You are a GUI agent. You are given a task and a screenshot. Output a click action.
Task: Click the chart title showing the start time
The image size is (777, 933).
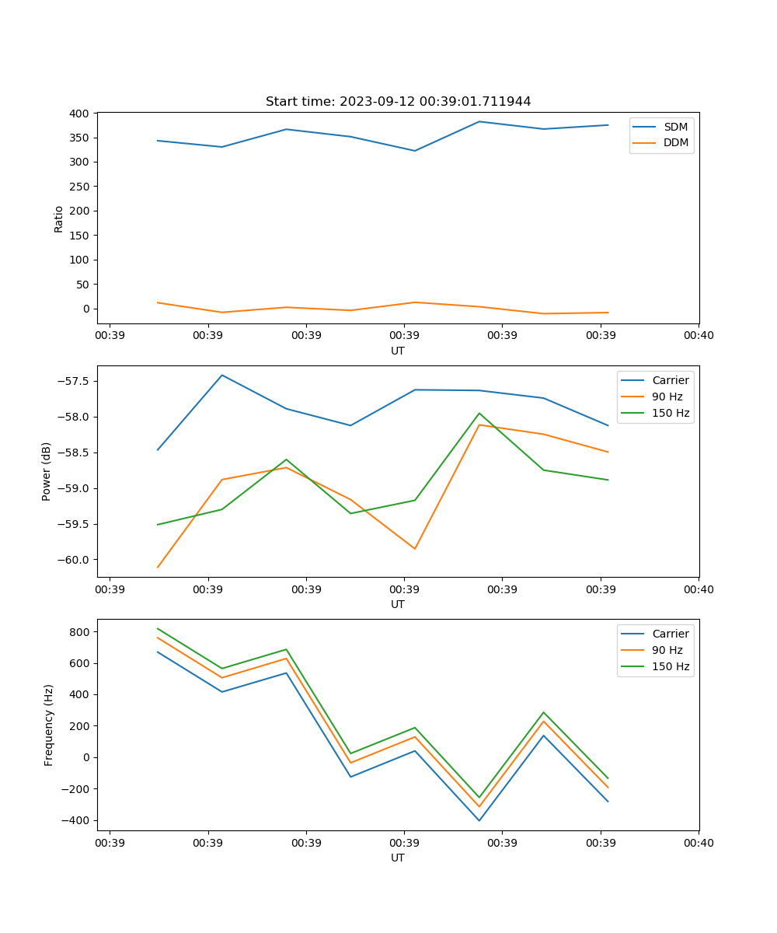(398, 102)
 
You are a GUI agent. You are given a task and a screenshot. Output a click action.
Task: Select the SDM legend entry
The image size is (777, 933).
(674, 127)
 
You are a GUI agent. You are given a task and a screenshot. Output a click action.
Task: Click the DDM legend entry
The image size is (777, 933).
(674, 142)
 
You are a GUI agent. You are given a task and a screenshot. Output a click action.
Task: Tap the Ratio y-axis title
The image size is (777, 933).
(59, 218)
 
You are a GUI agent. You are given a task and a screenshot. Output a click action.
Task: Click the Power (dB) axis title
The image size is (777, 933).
(47, 471)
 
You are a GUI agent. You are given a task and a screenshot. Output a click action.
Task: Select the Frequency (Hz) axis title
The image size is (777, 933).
(49, 725)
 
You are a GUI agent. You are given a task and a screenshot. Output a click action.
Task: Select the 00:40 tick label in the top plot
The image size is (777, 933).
(699, 335)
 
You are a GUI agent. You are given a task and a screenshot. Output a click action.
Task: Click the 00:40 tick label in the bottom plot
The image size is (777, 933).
(699, 842)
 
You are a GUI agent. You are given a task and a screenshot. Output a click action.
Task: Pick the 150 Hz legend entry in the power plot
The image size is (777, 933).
(670, 413)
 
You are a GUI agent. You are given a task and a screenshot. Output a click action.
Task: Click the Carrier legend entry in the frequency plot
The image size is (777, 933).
(670, 634)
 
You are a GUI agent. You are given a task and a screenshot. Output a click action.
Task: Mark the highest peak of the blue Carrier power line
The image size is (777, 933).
(222, 375)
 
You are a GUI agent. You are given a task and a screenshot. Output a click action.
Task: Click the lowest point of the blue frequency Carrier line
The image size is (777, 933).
(479, 820)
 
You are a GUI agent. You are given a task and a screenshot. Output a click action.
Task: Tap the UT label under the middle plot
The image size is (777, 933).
(398, 604)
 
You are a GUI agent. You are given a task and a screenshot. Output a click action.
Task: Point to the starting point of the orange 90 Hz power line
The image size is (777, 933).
(158, 568)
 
